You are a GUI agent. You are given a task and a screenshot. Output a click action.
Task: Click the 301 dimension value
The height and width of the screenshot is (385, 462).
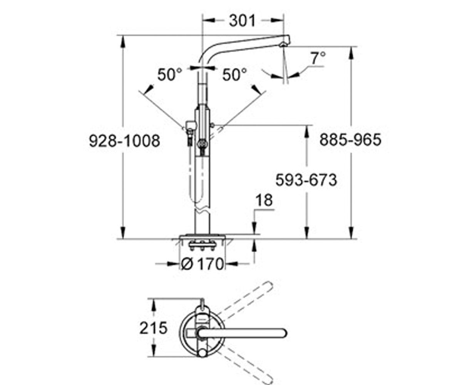[242, 21]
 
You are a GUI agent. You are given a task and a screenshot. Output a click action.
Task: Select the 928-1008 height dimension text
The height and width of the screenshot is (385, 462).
[124, 141]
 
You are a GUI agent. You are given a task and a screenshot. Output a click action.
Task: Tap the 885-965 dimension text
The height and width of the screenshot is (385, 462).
[350, 140]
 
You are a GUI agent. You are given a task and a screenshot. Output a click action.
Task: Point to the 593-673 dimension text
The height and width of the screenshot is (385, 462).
[306, 180]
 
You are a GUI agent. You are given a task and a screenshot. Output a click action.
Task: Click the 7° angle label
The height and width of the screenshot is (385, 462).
[318, 58]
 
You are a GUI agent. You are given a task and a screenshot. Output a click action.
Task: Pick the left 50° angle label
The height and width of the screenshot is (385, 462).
[170, 74]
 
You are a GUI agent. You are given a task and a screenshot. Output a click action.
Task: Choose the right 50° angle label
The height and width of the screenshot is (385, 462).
[234, 74]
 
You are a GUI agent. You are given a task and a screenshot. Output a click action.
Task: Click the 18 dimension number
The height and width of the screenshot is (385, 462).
[264, 200]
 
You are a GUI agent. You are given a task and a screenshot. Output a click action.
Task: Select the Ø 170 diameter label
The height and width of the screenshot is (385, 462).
[202, 264]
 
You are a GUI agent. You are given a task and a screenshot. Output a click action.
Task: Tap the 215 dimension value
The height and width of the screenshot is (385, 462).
[153, 328]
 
